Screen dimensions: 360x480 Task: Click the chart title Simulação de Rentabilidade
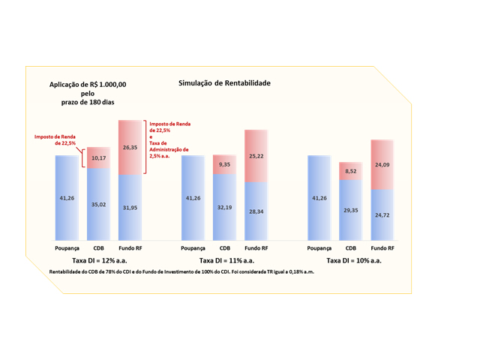tap(224, 83)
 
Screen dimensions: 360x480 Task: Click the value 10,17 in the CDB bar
tap(98, 159)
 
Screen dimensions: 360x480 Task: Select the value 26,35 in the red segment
tap(130, 148)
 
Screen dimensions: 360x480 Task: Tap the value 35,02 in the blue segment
tap(98, 204)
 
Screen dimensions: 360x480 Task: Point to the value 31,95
tap(130, 208)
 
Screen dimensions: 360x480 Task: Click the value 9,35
tap(224, 164)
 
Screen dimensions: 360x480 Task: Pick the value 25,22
tap(256, 156)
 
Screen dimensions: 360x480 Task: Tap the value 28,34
tap(256, 211)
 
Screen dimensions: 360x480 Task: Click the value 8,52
tap(350, 171)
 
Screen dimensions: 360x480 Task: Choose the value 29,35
tap(350, 211)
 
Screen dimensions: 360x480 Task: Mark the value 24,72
tap(382, 215)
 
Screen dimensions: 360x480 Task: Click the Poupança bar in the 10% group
tap(319, 198)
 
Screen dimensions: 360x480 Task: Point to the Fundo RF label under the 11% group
tap(256, 247)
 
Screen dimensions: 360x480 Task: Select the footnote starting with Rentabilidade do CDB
tap(181, 271)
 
